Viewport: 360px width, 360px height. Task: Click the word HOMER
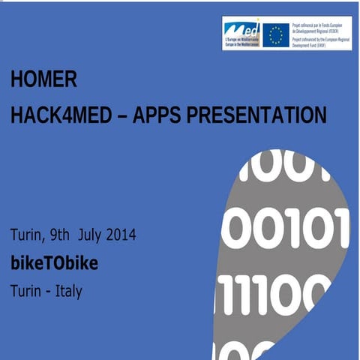click(x=44, y=79)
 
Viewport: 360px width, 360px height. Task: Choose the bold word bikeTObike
click(x=54, y=264)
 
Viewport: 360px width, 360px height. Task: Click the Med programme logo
click(x=241, y=33)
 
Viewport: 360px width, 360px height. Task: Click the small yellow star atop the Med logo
click(x=256, y=22)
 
